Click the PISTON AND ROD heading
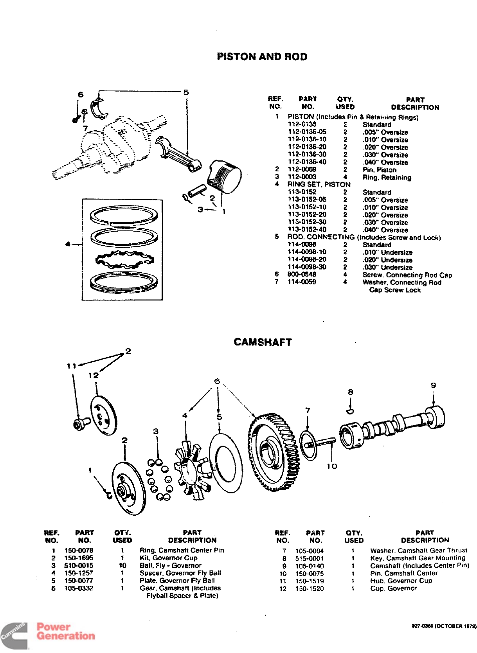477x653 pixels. [x=262, y=57]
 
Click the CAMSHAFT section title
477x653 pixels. [x=263, y=342]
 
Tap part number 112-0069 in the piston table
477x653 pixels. [x=302, y=169]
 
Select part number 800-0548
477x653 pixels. [x=302, y=275]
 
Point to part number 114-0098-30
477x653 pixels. [x=307, y=267]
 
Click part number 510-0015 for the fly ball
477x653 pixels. [x=79, y=565]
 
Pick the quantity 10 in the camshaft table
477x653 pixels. [x=122, y=565]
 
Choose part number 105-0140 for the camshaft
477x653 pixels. [x=310, y=566]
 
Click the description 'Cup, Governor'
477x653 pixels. [x=393, y=588]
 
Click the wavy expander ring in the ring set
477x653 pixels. [x=124, y=259]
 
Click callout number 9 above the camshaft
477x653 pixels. [x=433, y=385]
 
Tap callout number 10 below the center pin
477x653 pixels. [x=332, y=466]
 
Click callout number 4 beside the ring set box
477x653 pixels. [x=68, y=244]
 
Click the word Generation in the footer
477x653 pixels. [x=66, y=636]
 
